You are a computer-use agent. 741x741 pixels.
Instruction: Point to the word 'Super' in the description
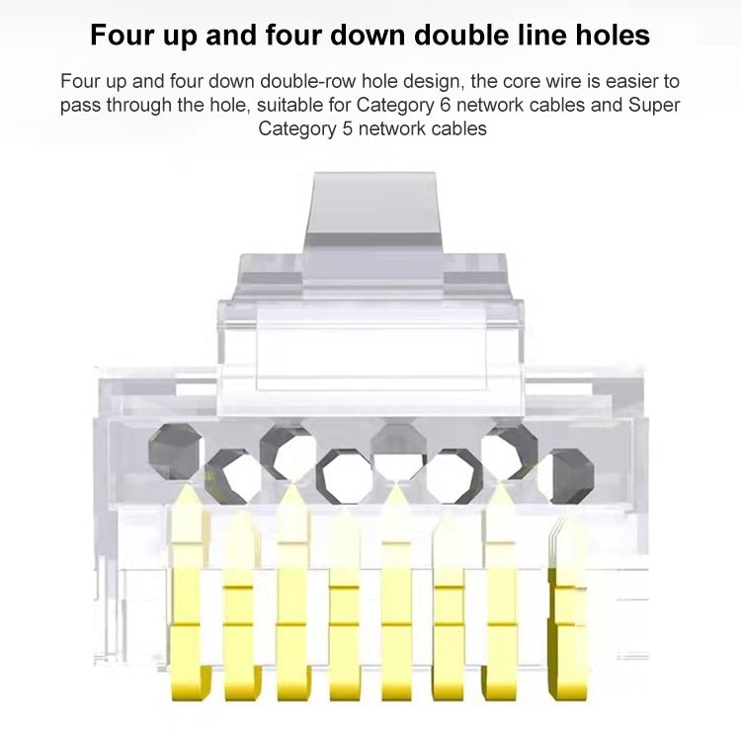(x=654, y=105)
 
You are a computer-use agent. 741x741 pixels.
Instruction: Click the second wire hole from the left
(x=230, y=472)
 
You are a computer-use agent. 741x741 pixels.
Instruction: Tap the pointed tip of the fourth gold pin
(x=344, y=516)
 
